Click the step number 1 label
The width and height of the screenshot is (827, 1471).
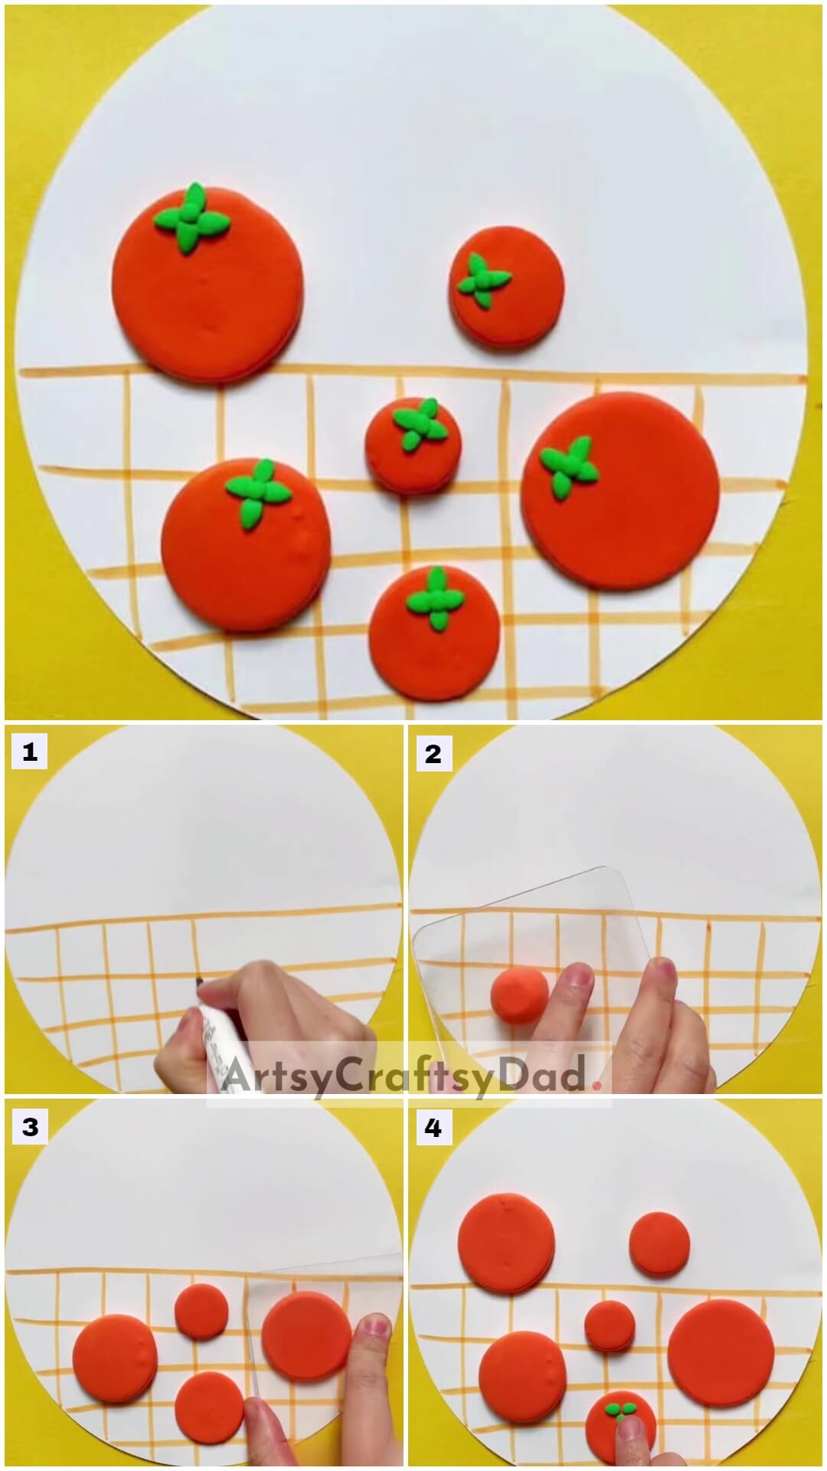click(x=29, y=752)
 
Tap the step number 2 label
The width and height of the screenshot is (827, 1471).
click(x=433, y=752)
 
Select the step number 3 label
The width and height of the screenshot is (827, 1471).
click(x=29, y=1127)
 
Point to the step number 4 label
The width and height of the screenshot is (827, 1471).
click(x=433, y=1127)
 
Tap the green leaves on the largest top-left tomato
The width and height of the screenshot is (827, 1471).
click(x=191, y=220)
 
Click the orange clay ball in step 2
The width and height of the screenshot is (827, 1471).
click(x=520, y=995)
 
